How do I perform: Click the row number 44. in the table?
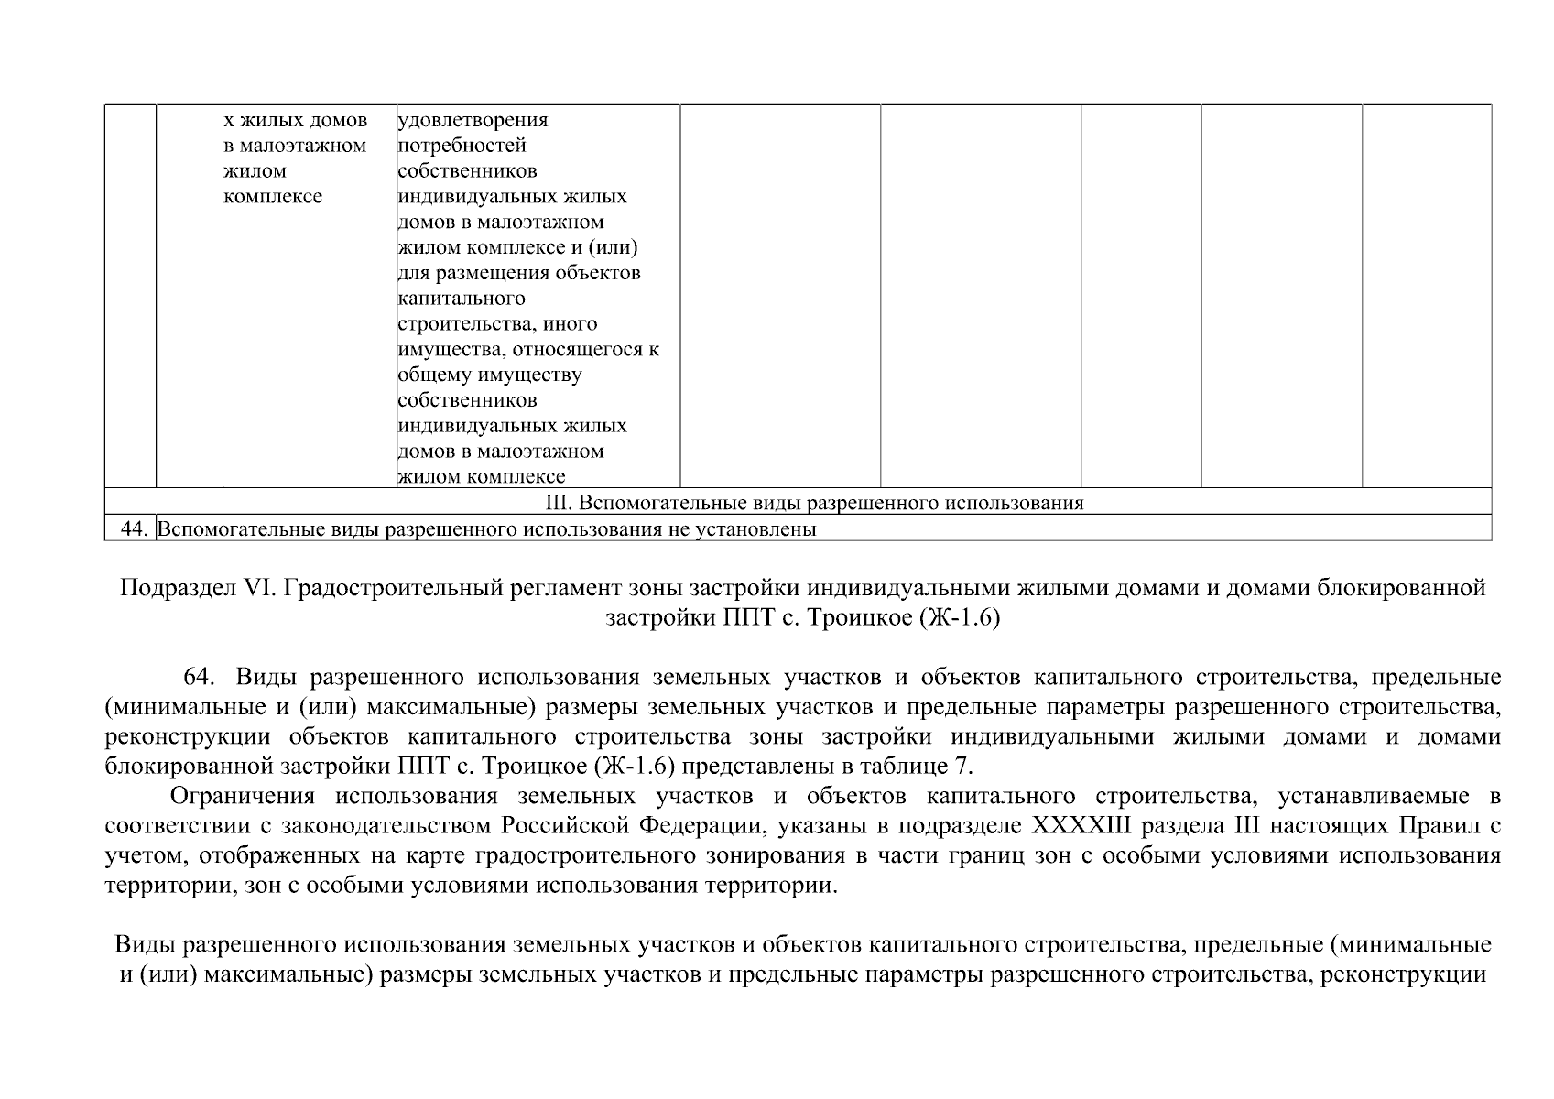(x=135, y=529)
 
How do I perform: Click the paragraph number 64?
(x=200, y=678)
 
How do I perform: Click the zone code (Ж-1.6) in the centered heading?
(x=959, y=618)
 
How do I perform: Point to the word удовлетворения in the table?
(x=473, y=120)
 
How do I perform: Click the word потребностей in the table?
(x=462, y=146)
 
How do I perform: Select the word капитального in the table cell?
(x=462, y=299)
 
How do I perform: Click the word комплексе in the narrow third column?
(x=273, y=197)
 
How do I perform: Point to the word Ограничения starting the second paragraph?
(x=243, y=796)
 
